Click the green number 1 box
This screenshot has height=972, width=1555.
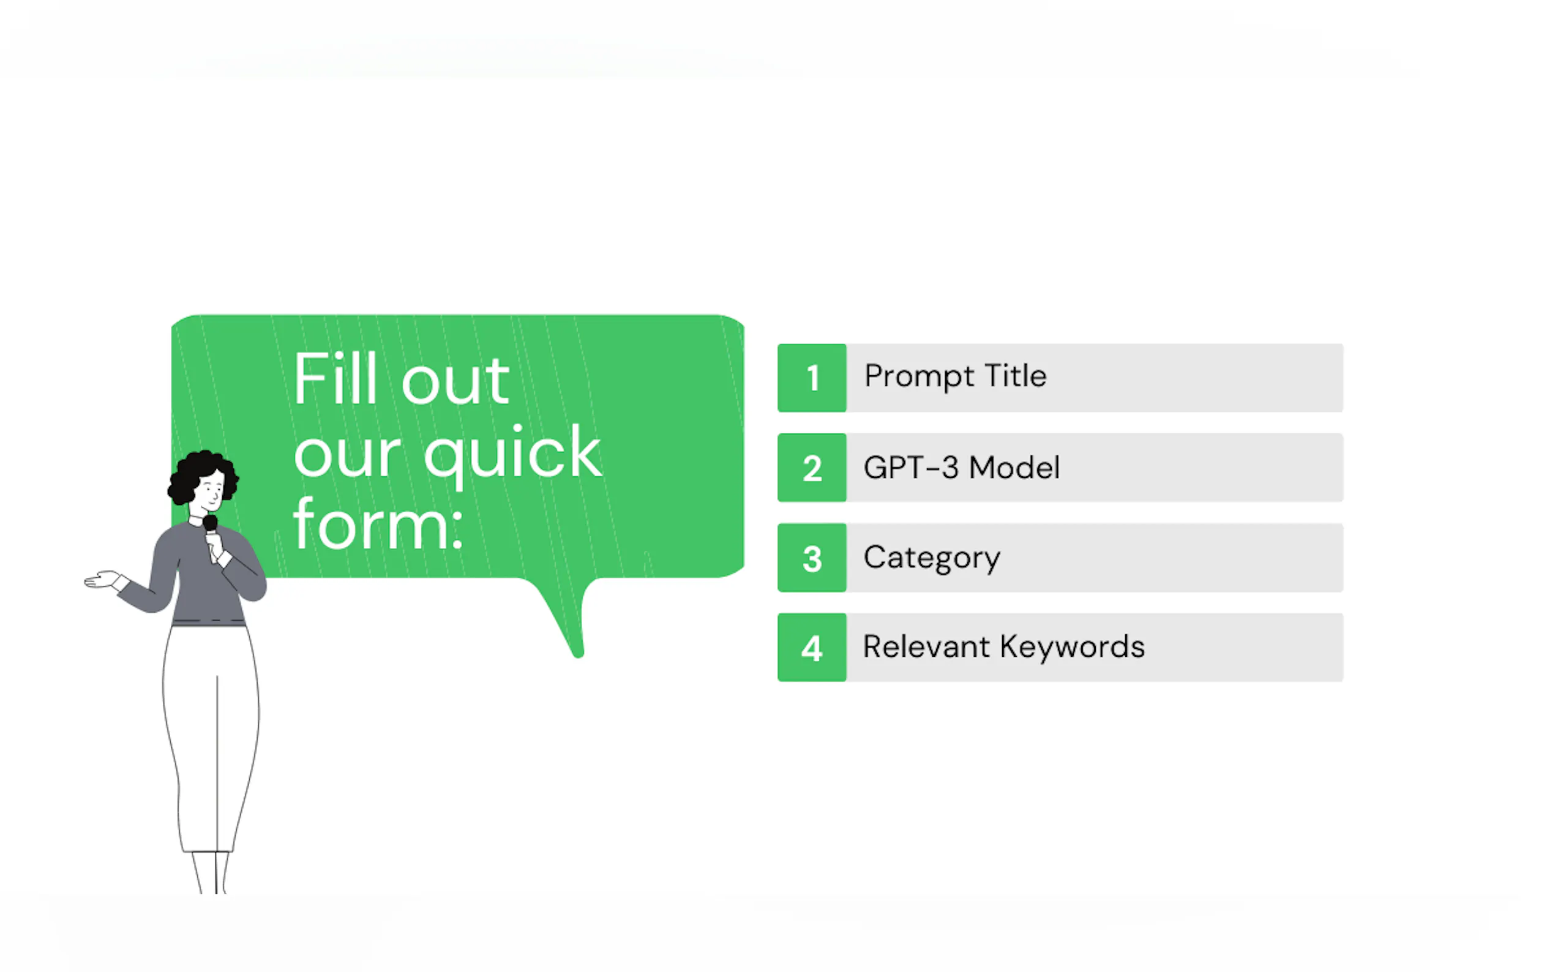pyautogui.click(x=812, y=378)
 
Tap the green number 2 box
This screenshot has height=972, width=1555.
pyautogui.click(x=812, y=468)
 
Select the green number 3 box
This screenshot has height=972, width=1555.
pyautogui.click(x=812, y=558)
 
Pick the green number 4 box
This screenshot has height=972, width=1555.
pyautogui.click(x=812, y=648)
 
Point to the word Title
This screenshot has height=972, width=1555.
pyautogui.click(x=1016, y=375)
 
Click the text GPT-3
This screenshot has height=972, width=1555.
pyautogui.click(x=911, y=468)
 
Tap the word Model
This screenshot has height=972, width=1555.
pyautogui.click(x=1014, y=468)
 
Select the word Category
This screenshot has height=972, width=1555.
pyautogui.click(x=931, y=559)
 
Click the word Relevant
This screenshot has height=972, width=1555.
pyautogui.click(x=926, y=647)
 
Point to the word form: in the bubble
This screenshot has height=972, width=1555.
pyautogui.click(x=378, y=524)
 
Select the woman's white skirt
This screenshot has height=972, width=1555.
pyautogui.click(x=211, y=739)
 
